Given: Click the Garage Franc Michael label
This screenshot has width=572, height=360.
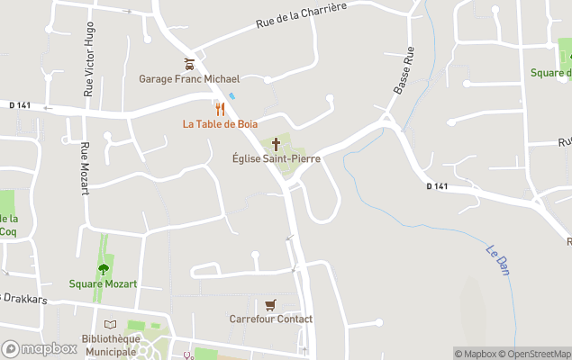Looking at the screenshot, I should [189, 79].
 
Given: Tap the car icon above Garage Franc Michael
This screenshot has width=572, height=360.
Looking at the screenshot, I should [189, 64].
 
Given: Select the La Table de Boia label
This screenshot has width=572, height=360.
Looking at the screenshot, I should [222, 124].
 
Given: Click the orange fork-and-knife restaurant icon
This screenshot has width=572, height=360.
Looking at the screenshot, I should [220, 110].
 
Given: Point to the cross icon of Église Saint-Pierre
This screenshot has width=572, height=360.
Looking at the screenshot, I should [277, 144].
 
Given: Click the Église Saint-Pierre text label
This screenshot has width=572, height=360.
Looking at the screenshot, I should [277, 159].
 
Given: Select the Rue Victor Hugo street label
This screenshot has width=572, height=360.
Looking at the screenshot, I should [89, 59].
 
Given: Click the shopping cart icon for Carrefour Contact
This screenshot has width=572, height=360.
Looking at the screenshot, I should [270, 304].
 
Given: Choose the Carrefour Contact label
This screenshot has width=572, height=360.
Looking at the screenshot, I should [271, 319].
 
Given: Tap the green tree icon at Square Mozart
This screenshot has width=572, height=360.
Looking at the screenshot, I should [104, 269].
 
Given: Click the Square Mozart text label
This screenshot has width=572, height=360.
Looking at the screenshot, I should [104, 284].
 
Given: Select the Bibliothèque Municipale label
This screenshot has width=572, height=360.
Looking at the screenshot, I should [110, 345].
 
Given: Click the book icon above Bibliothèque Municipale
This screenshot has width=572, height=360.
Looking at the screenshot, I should [111, 325].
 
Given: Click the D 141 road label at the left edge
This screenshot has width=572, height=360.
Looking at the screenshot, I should [20, 105].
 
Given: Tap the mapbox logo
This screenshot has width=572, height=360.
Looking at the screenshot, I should [40, 348].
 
